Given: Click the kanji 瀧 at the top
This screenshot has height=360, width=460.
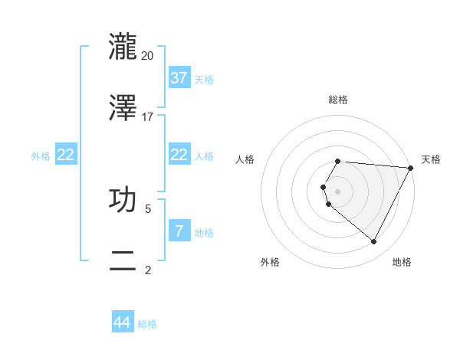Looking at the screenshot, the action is [x=124, y=47].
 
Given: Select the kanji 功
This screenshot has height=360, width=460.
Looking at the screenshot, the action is [x=124, y=199].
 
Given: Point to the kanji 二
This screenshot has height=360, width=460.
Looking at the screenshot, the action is [x=124, y=260].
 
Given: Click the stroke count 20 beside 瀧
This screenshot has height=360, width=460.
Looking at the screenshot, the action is [x=148, y=56].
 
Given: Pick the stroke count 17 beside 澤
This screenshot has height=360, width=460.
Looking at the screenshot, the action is [x=148, y=117].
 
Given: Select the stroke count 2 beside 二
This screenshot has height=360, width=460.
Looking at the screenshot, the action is [x=148, y=270].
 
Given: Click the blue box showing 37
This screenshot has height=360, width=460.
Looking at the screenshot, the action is [x=179, y=78].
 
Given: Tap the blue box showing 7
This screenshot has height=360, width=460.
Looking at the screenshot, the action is [x=179, y=231].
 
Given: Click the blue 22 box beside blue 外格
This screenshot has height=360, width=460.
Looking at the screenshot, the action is [x=66, y=155].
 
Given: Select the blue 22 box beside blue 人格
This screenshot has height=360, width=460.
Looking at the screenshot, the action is [x=179, y=155].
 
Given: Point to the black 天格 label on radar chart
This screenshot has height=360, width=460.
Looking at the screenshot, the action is [x=431, y=159].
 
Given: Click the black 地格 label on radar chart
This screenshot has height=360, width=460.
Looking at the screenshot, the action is [x=402, y=262].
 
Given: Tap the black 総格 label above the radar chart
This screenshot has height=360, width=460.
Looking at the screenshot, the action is [x=338, y=100].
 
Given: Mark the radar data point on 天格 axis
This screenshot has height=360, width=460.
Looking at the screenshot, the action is [x=411, y=167].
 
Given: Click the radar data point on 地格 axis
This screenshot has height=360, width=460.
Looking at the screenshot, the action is [x=374, y=242].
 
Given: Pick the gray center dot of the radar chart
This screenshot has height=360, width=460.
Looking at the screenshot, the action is [x=337, y=191].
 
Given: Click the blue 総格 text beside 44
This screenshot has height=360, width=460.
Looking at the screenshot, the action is [x=147, y=324].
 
